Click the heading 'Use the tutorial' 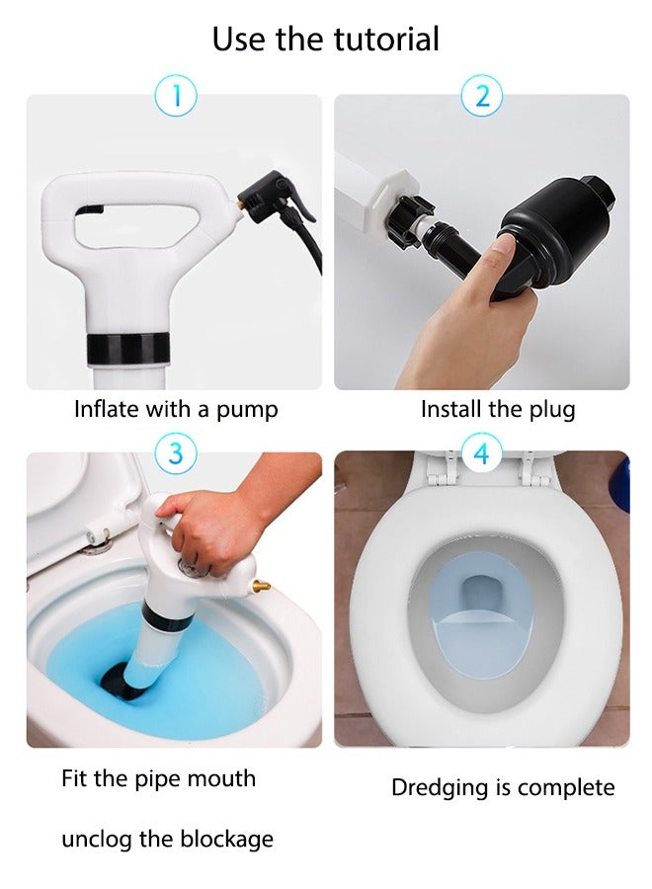pyautogui.click(x=326, y=40)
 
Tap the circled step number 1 pyautogui.click(x=176, y=96)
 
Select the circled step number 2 pyautogui.click(x=482, y=96)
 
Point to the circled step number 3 pyautogui.click(x=176, y=453)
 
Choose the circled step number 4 pyautogui.click(x=481, y=453)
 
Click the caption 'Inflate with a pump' pyautogui.click(x=176, y=409)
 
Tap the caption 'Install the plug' pyautogui.click(x=498, y=409)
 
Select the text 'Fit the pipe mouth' pyautogui.click(x=158, y=778)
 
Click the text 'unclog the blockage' pyautogui.click(x=167, y=840)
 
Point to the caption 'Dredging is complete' pyautogui.click(x=503, y=787)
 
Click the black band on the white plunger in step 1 pyautogui.click(x=124, y=348)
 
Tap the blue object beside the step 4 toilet pyautogui.click(x=620, y=484)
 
